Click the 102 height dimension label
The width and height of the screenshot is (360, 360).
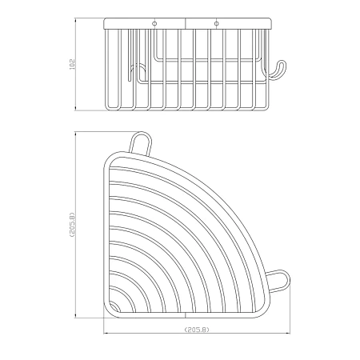coord(72,64)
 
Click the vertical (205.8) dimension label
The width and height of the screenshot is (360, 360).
coord(72,225)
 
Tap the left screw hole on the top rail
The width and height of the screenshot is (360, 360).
coord(154,24)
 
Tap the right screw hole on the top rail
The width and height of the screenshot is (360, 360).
coord(217,24)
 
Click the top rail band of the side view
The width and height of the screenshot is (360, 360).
coord(188,23)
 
